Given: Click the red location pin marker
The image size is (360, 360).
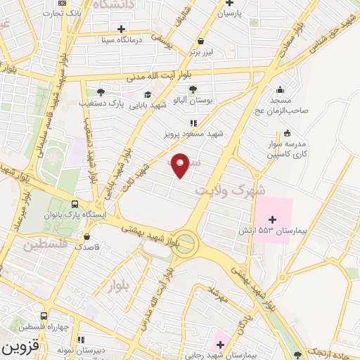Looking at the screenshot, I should click(x=181, y=165).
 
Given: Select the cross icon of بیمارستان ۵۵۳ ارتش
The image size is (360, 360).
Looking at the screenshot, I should click(x=273, y=221).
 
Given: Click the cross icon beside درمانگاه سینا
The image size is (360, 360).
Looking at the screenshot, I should click(x=122, y=29).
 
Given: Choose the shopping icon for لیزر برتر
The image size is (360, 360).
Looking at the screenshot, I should click(x=202, y=41).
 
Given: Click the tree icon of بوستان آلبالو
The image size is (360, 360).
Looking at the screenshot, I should click(x=193, y=89).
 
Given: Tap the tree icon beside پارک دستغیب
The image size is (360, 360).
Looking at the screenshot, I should click(x=101, y=91).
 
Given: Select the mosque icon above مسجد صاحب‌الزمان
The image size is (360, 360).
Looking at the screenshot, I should click(x=281, y=89).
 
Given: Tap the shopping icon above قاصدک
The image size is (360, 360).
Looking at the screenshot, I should click(x=86, y=237).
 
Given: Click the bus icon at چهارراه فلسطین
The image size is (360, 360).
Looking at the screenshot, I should click(x=44, y=316).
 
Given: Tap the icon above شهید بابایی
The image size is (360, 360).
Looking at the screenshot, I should click(x=148, y=94).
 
